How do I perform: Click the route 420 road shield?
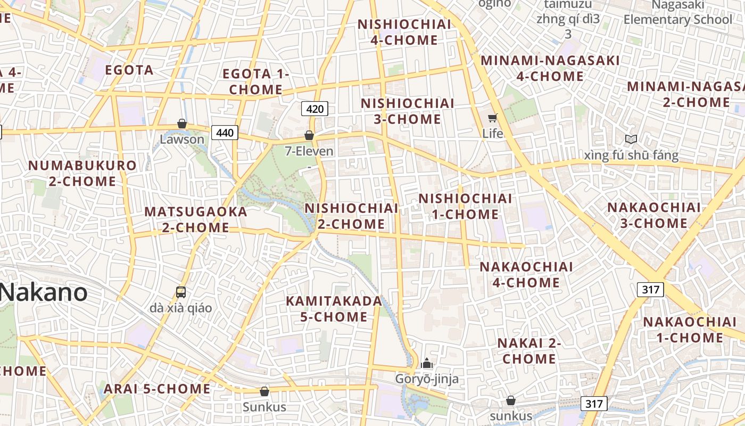(315, 109)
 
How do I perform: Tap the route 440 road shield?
(225, 133)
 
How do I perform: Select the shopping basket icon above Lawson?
(182, 124)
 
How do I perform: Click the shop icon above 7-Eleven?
(309, 136)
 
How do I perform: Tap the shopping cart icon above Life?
(493, 118)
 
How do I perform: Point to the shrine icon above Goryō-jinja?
(426, 364)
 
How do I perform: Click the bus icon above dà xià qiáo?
(181, 292)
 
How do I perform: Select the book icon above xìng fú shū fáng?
(631, 140)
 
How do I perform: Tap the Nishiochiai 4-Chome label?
(404, 32)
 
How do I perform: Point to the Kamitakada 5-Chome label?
(334, 309)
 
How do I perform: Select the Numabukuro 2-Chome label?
(82, 173)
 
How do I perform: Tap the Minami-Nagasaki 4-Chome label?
(550, 68)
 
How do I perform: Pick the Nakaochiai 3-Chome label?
(654, 215)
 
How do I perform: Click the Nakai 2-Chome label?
(529, 350)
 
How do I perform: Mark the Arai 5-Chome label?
(157, 389)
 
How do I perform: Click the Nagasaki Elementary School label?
(678, 12)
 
